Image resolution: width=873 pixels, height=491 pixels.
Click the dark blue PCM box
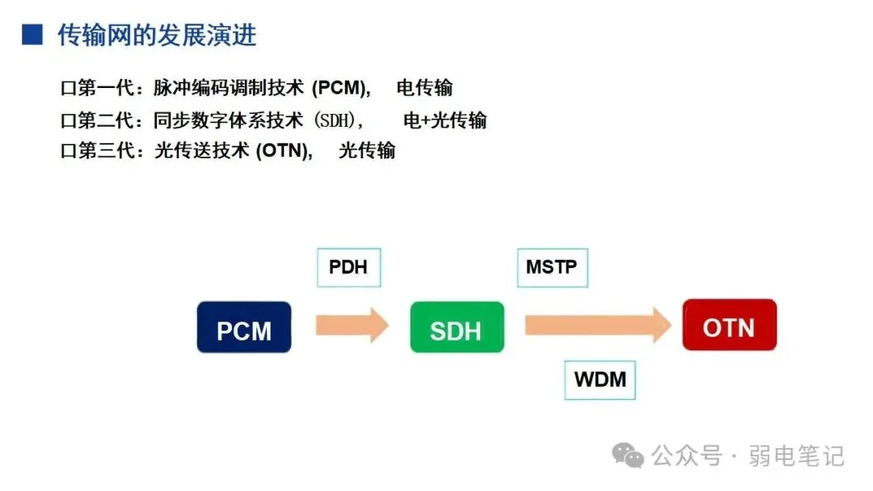(x=243, y=327)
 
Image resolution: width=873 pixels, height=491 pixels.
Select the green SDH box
(x=457, y=327)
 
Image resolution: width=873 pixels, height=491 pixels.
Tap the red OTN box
(x=729, y=325)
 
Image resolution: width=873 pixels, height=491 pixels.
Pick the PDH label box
(x=348, y=267)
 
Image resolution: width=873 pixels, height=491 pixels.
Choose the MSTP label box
(x=552, y=267)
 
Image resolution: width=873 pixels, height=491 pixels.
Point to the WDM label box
(x=600, y=379)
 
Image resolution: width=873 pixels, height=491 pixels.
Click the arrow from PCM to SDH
(x=352, y=325)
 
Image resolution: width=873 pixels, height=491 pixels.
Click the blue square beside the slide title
(x=32, y=35)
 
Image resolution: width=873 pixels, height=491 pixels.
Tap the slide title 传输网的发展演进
(x=157, y=35)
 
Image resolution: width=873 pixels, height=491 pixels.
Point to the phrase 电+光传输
(x=445, y=120)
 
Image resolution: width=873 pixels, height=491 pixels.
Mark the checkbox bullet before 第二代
(x=67, y=121)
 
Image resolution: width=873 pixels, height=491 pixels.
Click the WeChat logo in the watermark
(x=628, y=455)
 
